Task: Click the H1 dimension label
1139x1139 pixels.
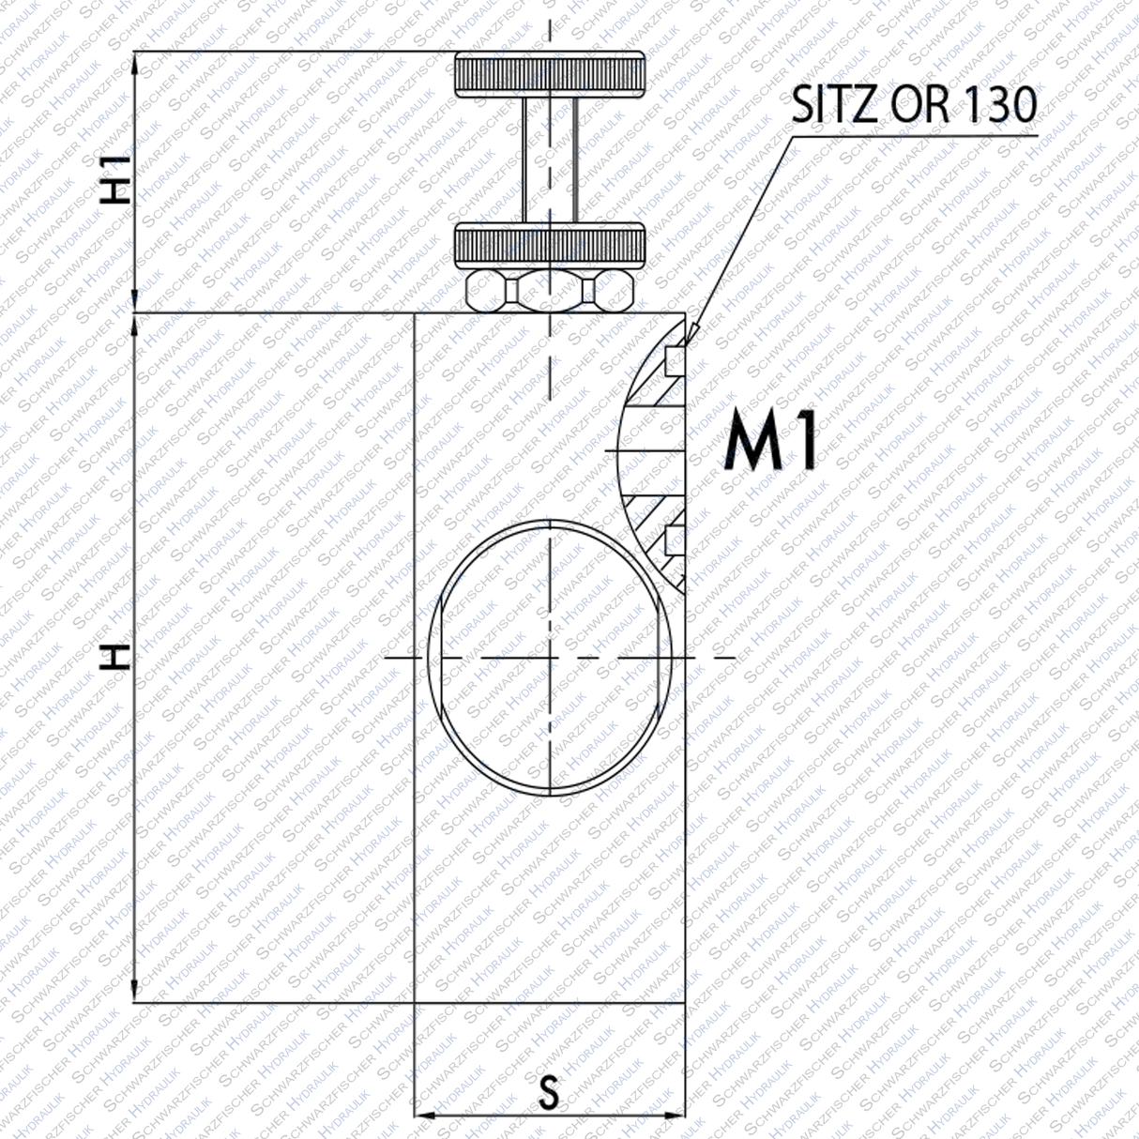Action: click(x=115, y=179)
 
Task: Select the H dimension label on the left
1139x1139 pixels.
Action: click(x=115, y=657)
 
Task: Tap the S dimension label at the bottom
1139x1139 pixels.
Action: click(x=549, y=1093)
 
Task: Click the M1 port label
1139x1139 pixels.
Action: click(x=771, y=444)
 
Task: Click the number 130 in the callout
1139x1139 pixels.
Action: click(x=1000, y=104)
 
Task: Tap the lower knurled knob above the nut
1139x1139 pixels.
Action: click(x=550, y=246)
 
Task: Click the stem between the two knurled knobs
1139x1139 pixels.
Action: click(x=550, y=159)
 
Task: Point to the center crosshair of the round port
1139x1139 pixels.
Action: click(x=550, y=658)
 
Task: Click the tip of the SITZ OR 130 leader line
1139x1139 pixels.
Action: click(x=691, y=332)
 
